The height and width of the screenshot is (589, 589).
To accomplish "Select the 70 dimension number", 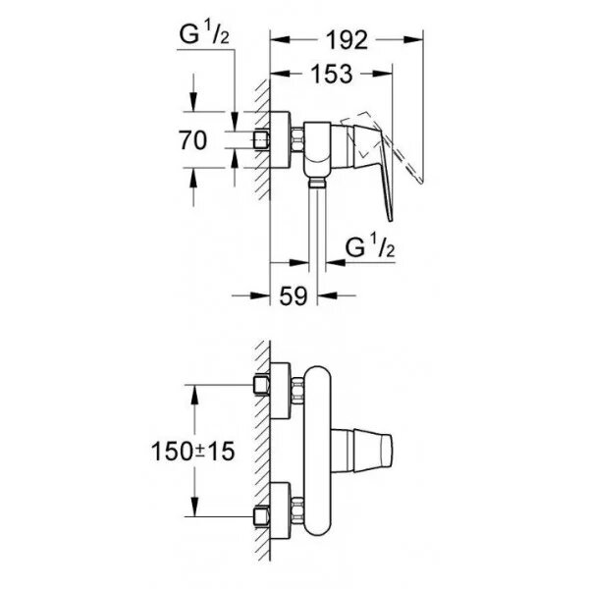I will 194,140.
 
